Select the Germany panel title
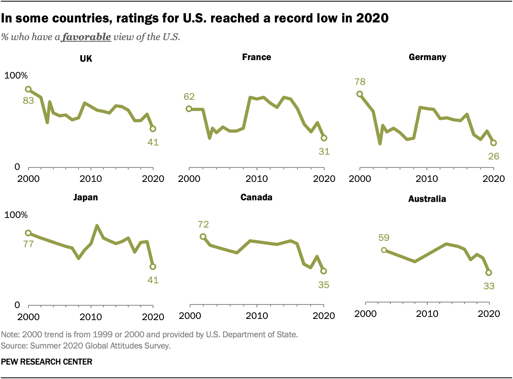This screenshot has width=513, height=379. (427, 57)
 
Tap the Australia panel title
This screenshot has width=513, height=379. (427, 199)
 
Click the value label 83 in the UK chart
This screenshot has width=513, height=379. (28, 101)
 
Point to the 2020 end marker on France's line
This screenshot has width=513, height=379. (324, 138)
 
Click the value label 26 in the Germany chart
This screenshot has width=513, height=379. (493, 156)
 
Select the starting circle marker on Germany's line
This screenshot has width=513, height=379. (360, 94)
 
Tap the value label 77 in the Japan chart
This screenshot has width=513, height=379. (28, 244)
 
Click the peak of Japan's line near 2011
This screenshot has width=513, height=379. (97, 226)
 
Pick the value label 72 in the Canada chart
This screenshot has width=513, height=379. (203, 224)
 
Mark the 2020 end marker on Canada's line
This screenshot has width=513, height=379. (323, 271)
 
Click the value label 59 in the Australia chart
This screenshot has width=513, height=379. (384, 238)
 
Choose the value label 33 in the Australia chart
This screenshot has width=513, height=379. (489, 286)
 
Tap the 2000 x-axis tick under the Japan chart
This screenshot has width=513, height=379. (28, 317)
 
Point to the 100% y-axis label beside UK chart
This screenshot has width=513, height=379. (16, 76)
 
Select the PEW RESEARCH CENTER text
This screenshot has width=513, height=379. (46, 362)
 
